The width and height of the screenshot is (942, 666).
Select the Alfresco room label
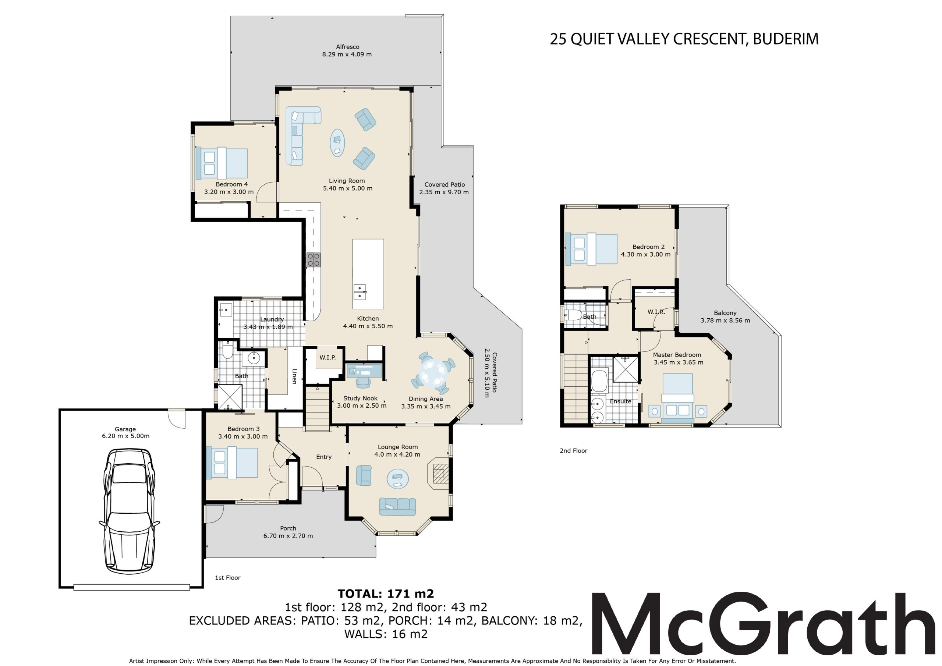pyautogui.click(x=347, y=47)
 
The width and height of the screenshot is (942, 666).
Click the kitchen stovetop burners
pyautogui.click(x=314, y=260)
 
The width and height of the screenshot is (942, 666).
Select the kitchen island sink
pyautogui.click(x=360, y=292)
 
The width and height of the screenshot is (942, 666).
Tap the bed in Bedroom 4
pyautogui.click(x=222, y=163)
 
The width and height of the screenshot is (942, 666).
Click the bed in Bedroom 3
pyautogui.click(x=232, y=463)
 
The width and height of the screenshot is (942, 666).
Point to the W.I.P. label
pyautogui.click(x=327, y=357)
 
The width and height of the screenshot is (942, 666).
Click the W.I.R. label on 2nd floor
pyautogui.click(x=656, y=312)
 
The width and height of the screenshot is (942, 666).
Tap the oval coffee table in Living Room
pyautogui.click(x=337, y=143)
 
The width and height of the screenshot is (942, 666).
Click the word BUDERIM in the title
pyautogui.click(x=786, y=39)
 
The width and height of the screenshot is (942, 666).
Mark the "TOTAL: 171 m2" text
pyautogui.click(x=386, y=594)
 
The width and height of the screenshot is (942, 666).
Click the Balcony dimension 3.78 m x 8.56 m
pyautogui.click(x=725, y=320)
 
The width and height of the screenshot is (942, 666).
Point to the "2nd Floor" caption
pyautogui.click(x=573, y=451)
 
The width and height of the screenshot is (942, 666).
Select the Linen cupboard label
pyautogui.click(x=294, y=376)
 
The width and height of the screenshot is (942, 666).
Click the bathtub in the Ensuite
pyautogui.click(x=599, y=381)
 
